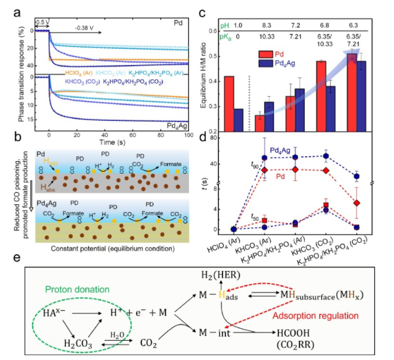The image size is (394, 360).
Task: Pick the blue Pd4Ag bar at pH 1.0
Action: (x=239, y=120)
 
